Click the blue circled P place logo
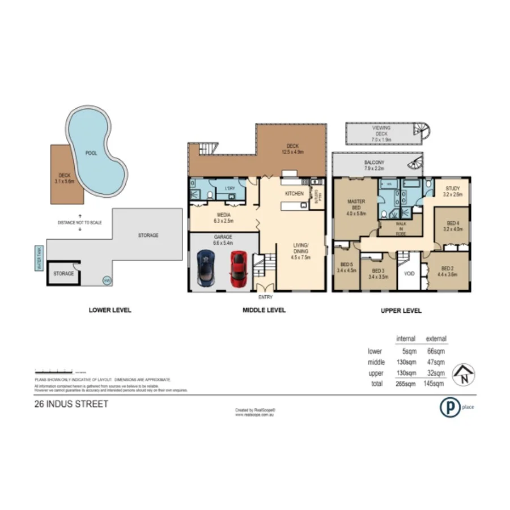tap(450, 407)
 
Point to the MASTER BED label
tap(356, 207)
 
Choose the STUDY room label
tap(453, 191)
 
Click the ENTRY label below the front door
tap(265, 297)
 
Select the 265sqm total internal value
tap(406, 384)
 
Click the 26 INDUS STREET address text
tap(70, 405)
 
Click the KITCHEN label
tap(294, 194)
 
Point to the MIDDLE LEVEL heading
tap(264, 310)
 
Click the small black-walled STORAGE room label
tap(63, 274)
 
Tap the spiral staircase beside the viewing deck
tap(422, 131)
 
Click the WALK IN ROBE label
tap(401, 228)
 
